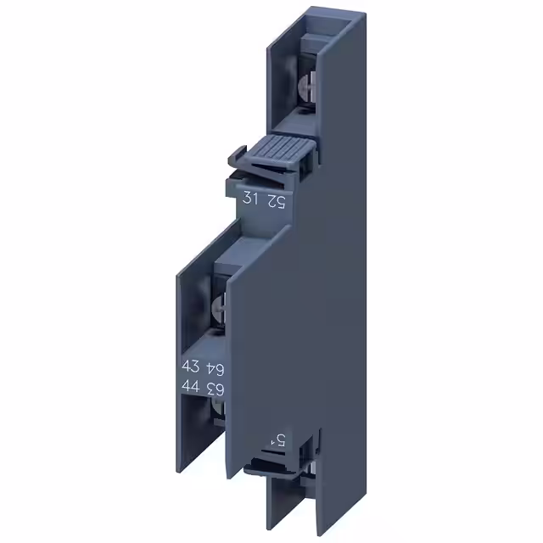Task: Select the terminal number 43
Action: click(192, 367)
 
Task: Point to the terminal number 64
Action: click(216, 367)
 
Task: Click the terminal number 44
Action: click(192, 388)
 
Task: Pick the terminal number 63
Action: click(216, 388)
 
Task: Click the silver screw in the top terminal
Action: click(307, 86)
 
